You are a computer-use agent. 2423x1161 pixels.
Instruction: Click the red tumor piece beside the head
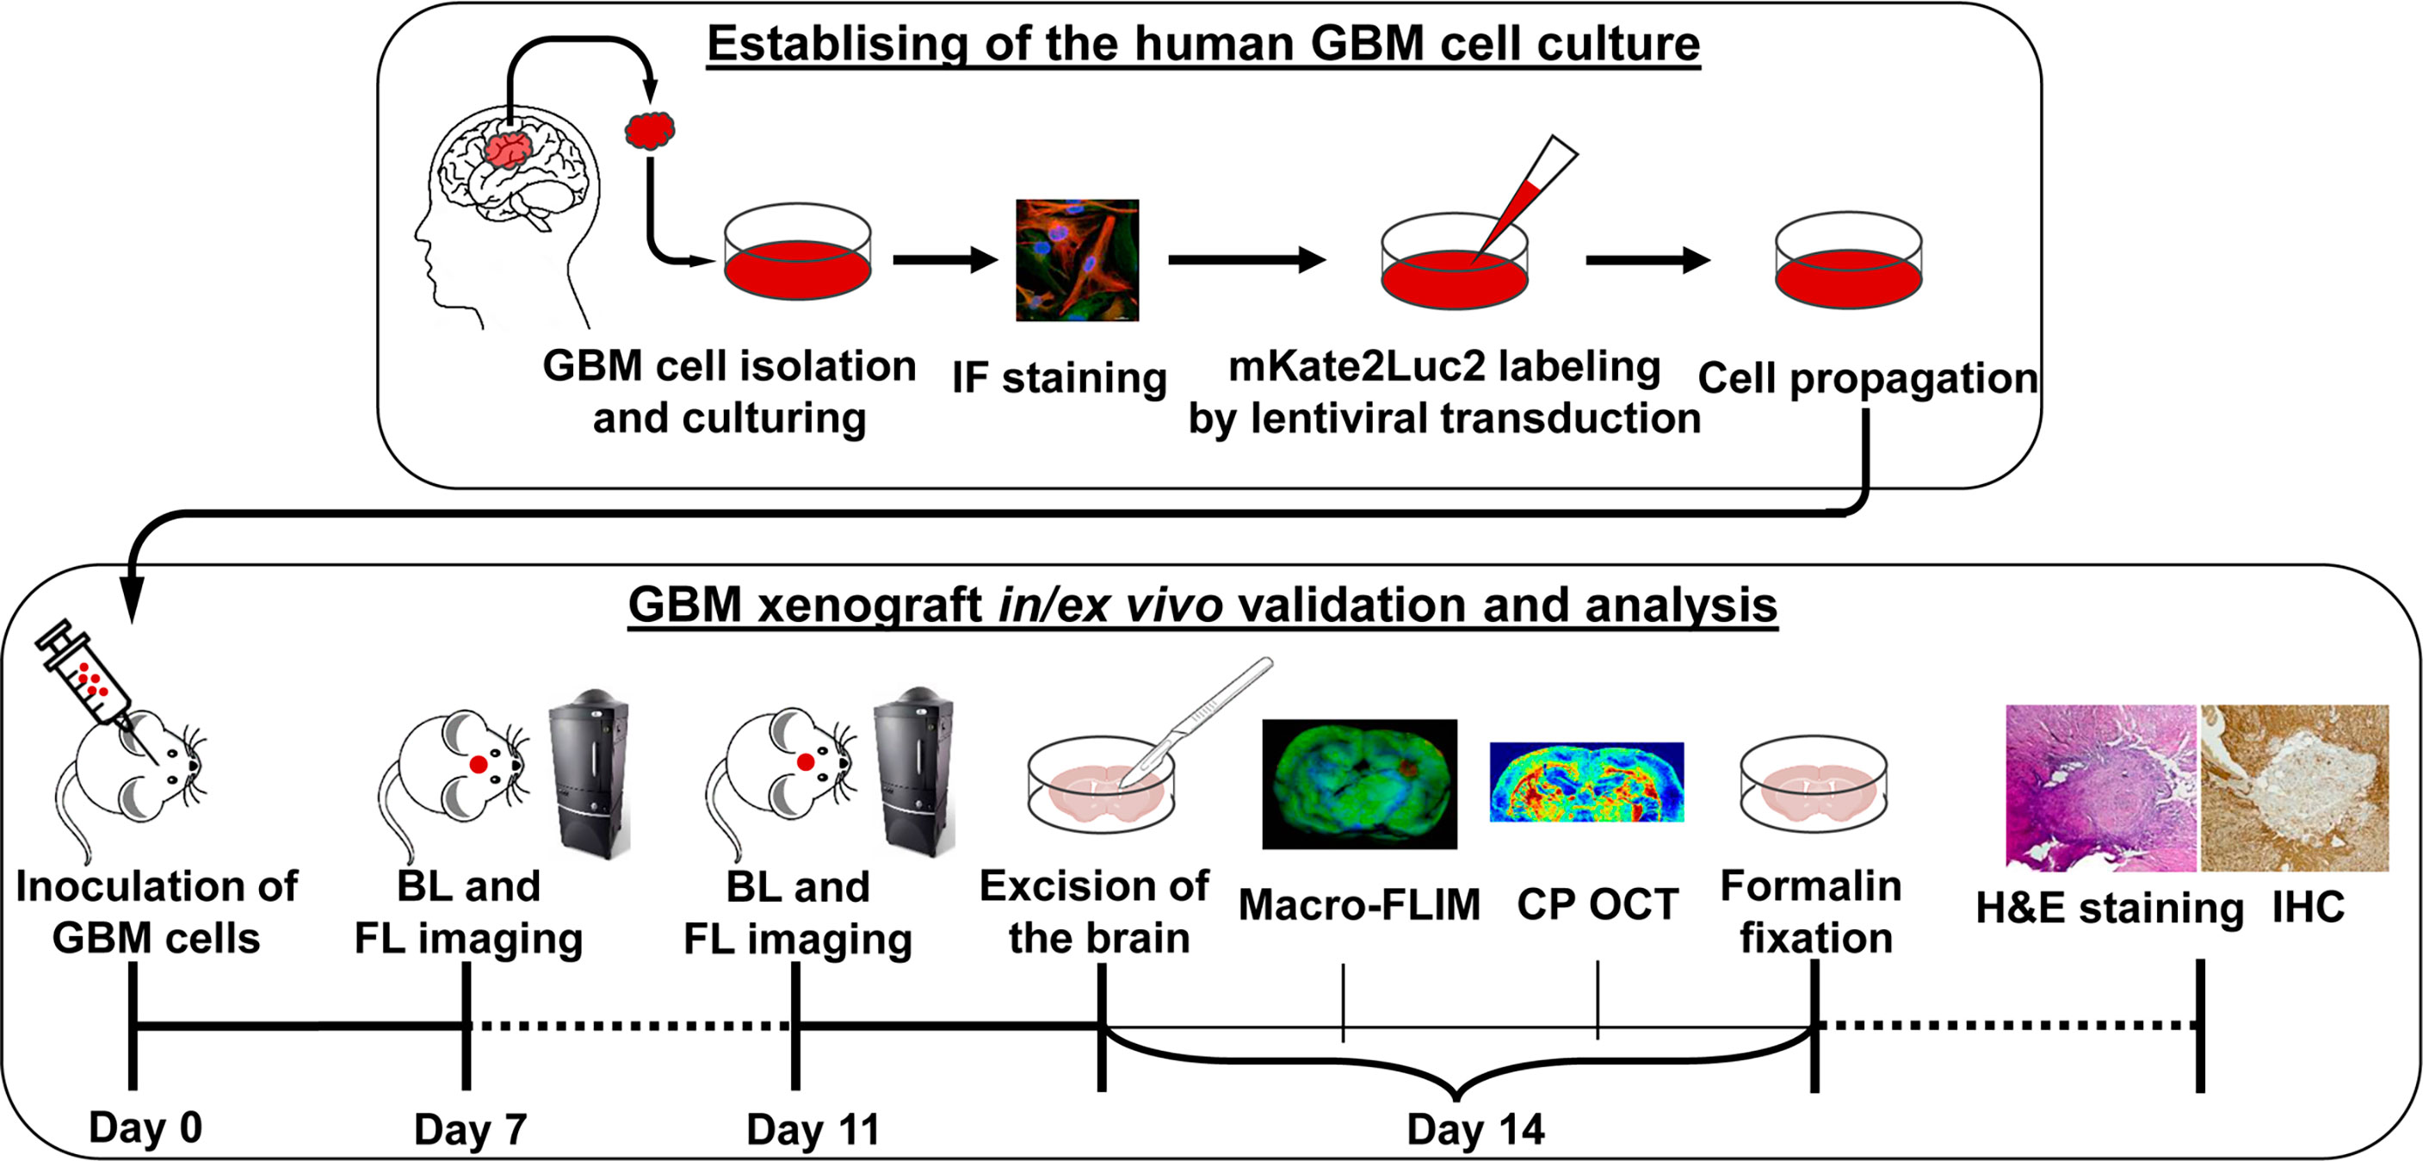650,130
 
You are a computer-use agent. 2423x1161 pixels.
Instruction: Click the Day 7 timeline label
470,1129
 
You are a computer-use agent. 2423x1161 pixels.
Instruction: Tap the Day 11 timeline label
813,1129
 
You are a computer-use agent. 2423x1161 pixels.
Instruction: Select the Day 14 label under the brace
1474,1129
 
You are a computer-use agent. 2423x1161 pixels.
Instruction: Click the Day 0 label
145,1127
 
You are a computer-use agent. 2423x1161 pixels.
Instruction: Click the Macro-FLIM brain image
1359,784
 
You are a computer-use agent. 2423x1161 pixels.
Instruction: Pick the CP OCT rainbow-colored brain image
1585,782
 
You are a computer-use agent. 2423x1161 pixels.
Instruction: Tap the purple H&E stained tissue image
2099,787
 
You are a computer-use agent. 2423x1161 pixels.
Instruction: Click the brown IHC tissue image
2294,787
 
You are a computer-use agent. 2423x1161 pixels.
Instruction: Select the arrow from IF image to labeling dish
1246,259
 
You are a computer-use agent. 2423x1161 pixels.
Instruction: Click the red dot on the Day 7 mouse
479,765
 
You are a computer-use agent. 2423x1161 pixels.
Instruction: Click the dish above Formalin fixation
1814,785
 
